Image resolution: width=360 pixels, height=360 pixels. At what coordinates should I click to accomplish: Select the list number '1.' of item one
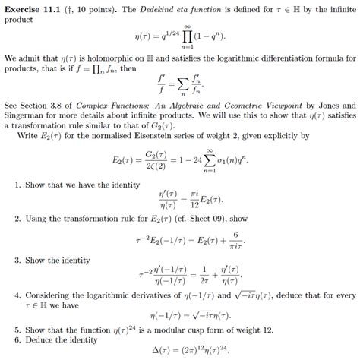tap(17, 185)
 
